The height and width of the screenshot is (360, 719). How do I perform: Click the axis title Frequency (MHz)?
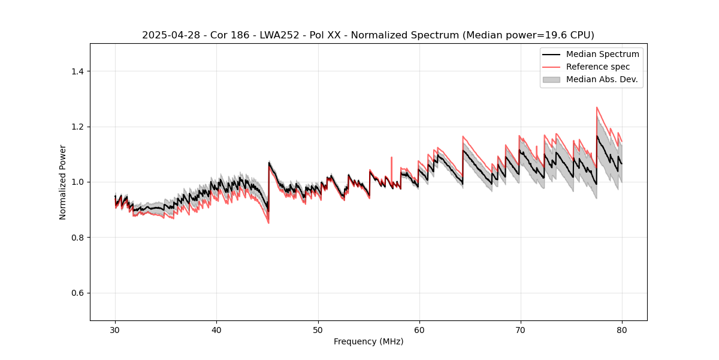click(368, 341)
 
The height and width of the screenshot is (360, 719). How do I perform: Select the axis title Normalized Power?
click(63, 182)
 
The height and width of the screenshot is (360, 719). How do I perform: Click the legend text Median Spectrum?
click(602, 54)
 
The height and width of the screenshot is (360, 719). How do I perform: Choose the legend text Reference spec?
click(598, 67)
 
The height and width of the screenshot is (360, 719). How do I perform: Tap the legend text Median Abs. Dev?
click(602, 79)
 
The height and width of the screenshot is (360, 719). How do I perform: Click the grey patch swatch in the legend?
click(551, 79)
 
